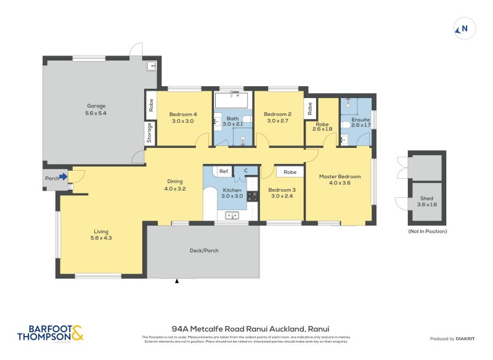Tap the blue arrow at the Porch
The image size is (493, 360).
click(x=63, y=177)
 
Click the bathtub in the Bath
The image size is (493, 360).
click(x=231, y=99)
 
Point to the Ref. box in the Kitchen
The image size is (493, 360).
click(x=224, y=171)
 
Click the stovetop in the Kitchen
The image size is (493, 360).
click(x=253, y=197)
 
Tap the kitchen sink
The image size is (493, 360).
click(x=232, y=215)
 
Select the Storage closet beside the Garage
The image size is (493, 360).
click(x=149, y=133)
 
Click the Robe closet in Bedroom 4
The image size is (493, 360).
click(x=150, y=105)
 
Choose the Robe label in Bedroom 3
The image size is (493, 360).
click(x=290, y=172)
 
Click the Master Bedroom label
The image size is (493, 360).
click(x=340, y=177)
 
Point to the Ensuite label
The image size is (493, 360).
click(x=361, y=120)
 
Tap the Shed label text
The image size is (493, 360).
click(x=426, y=198)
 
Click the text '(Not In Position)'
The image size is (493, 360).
click(x=427, y=231)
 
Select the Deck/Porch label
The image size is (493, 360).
click(x=203, y=251)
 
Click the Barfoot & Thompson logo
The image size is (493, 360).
click(x=51, y=333)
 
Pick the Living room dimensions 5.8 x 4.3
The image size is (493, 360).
click(x=102, y=237)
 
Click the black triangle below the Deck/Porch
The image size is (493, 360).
click(x=177, y=281)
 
